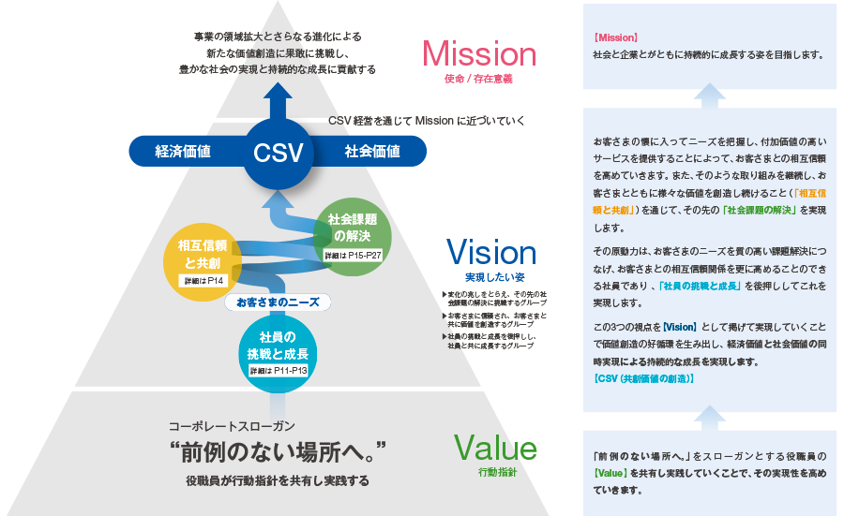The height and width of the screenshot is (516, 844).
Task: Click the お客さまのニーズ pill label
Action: (278, 302)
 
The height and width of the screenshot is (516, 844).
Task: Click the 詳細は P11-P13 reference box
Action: (279, 372)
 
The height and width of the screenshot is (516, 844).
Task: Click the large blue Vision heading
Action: (490, 253)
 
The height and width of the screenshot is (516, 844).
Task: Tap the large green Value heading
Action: (495, 449)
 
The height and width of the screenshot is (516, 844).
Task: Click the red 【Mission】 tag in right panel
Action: (616, 38)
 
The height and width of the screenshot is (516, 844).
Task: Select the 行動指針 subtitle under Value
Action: (497, 474)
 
